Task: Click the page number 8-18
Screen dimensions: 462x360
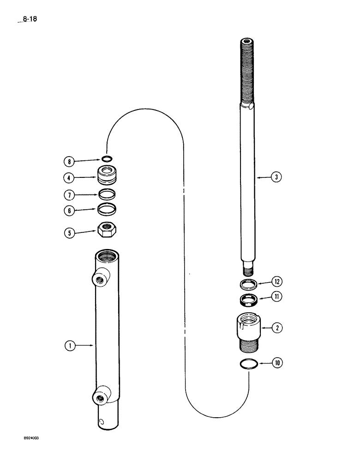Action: [x=29, y=19]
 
